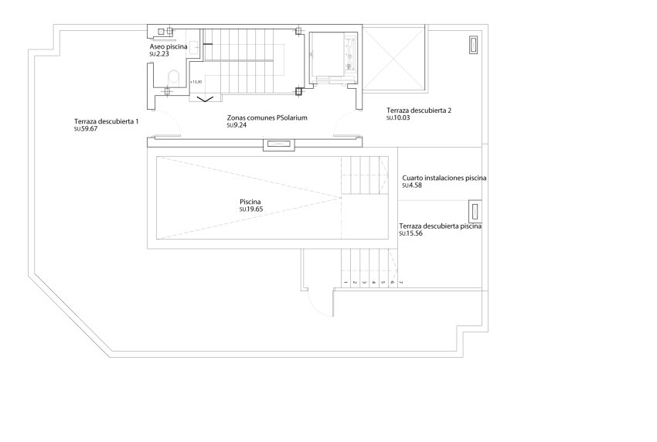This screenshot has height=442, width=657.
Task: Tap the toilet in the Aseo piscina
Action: pyautogui.click(x=174, y=76)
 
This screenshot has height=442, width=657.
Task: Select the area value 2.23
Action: pyautogui.click(x=162, y=54)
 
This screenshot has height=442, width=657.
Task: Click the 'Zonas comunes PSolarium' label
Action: pyautogui.click(x=267, y=119)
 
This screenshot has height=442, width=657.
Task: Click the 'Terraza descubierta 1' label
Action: pyautogui.click(x=107, y=121)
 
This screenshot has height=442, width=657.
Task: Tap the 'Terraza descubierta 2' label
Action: pyautogui.click(x=418, y=110)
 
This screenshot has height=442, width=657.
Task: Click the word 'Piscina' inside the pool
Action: pyautogui.click(x=250, y=202)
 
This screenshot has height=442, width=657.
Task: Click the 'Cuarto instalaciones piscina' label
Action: pyautogui.click(x=444, y=178)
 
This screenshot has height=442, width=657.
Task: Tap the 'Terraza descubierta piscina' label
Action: pyautogui.click(x=441, y=226)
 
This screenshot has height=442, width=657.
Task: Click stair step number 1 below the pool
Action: pyautogui.click(x=344, y=283)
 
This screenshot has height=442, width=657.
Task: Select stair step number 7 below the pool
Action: pyautogui.click(x=402, y=283)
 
